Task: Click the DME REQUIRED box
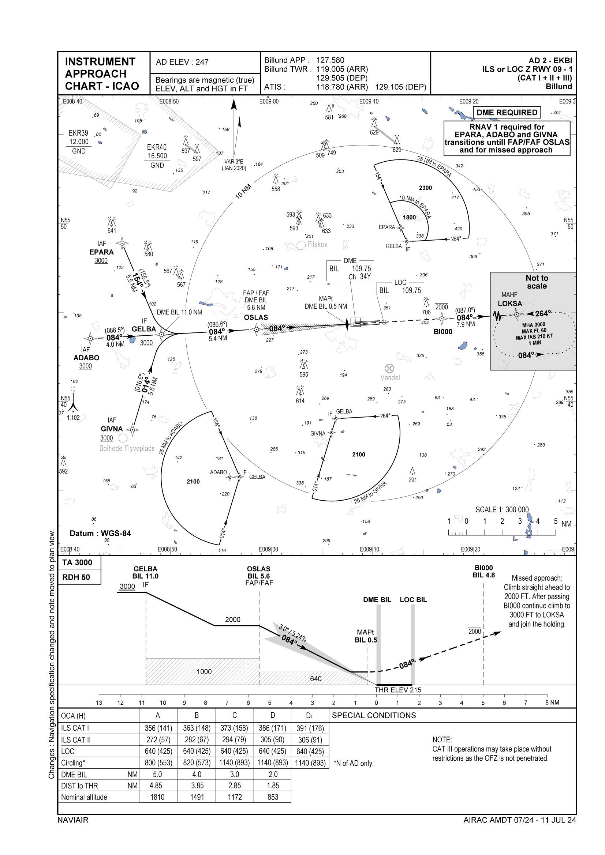[x=507, y=113]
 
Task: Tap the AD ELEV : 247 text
[x=182, y=62]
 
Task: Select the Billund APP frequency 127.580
[x=330, y=60]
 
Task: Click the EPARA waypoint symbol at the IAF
[x=122, y=244]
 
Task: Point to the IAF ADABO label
[x=86, y=358]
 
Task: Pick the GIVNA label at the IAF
[x=112, y=429]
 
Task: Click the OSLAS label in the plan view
[x=256, y=317]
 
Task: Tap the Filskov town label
[x=317, y=245]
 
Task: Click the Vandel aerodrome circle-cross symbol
[x=389, y=368]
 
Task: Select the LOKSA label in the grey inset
[x=509, y=304]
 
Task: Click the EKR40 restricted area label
[x=157, y=147]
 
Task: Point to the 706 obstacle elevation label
[x=426, y=312]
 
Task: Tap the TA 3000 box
[x=77, y=562]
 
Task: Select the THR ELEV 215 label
[x=398, y=690]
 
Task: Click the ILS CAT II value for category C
[x=235, y=739]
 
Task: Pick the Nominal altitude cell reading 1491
[x=197, y=797]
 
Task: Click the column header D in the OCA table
[x=273, y=715]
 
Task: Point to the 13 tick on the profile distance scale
[x=99, y=702]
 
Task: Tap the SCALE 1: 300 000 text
[x=502, y=509]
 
